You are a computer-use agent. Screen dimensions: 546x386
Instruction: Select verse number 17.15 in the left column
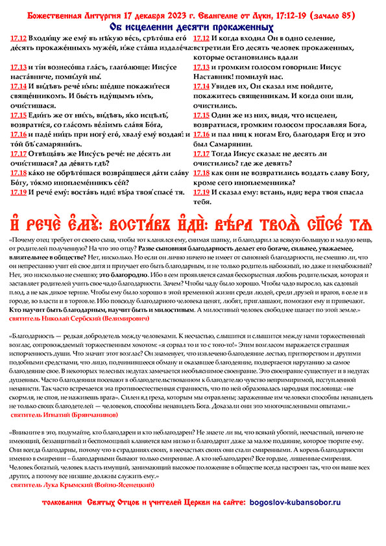(x=19, y=115)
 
